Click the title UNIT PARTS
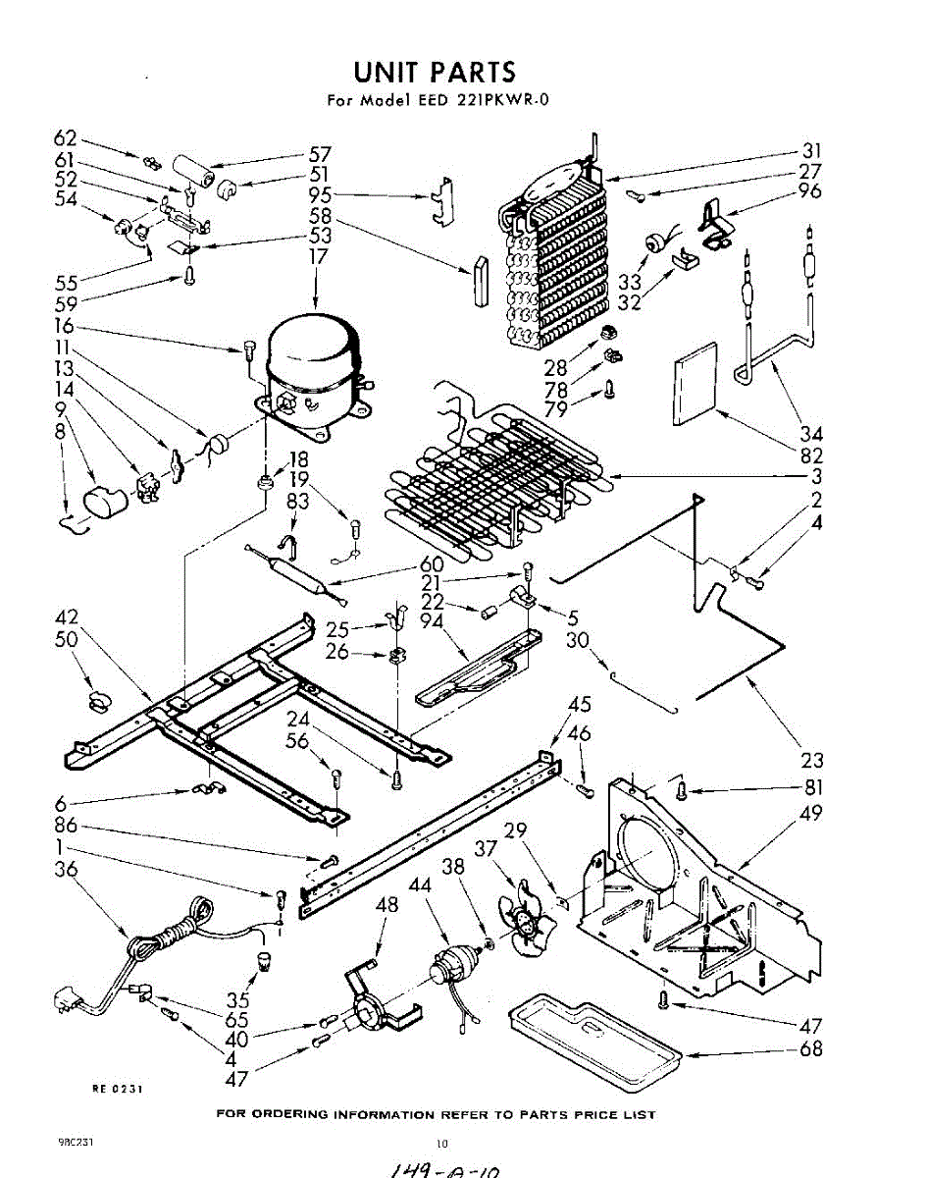434,72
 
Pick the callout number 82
811,455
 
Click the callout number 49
811,813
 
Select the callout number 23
811,760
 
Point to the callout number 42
67,618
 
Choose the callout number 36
67,870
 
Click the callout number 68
811,1049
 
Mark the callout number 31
811,151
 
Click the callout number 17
316,256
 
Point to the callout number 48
387,905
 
